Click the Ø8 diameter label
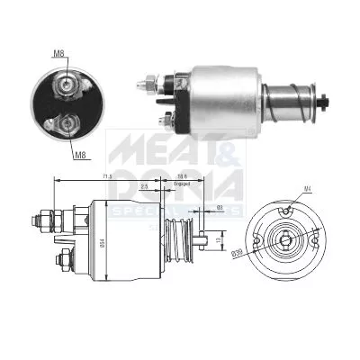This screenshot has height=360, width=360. (x=220, y=208)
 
